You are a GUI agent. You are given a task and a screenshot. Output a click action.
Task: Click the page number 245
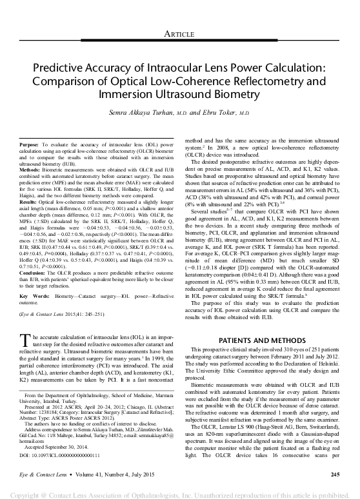tap(334, 475)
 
